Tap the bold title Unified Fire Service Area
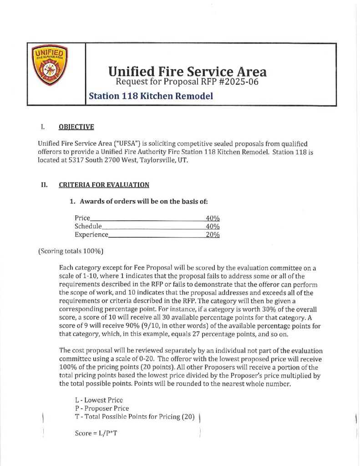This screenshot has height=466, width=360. point(187,71)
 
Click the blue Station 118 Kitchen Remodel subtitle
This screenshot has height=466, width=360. point(151,96)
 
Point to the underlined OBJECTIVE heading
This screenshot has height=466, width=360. point(76,127)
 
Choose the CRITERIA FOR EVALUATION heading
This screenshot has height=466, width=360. point(104,185)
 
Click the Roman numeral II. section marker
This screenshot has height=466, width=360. point(45,185)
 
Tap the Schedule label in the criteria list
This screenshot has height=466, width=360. point(88,226)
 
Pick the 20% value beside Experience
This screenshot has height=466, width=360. point(213,235)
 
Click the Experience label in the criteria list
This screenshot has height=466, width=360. point(91,235)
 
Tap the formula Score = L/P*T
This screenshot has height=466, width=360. point(96,433)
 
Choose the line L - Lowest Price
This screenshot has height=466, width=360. point(99,400)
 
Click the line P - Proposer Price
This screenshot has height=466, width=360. point(101,408)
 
